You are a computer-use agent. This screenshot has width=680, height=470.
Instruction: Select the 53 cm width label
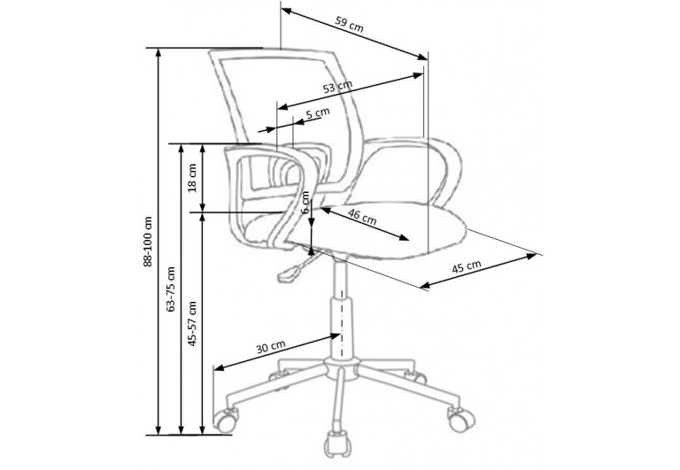pos(337,87)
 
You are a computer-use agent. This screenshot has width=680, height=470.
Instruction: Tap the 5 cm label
pos(317,113)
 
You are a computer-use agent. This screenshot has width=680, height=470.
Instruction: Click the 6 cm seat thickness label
pos(305,206)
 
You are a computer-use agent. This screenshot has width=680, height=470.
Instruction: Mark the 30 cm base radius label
pos(270,347)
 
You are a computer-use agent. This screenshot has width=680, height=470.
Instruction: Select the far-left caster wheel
pos(225,420)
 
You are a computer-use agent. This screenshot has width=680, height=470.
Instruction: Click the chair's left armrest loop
pos(266,190)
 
